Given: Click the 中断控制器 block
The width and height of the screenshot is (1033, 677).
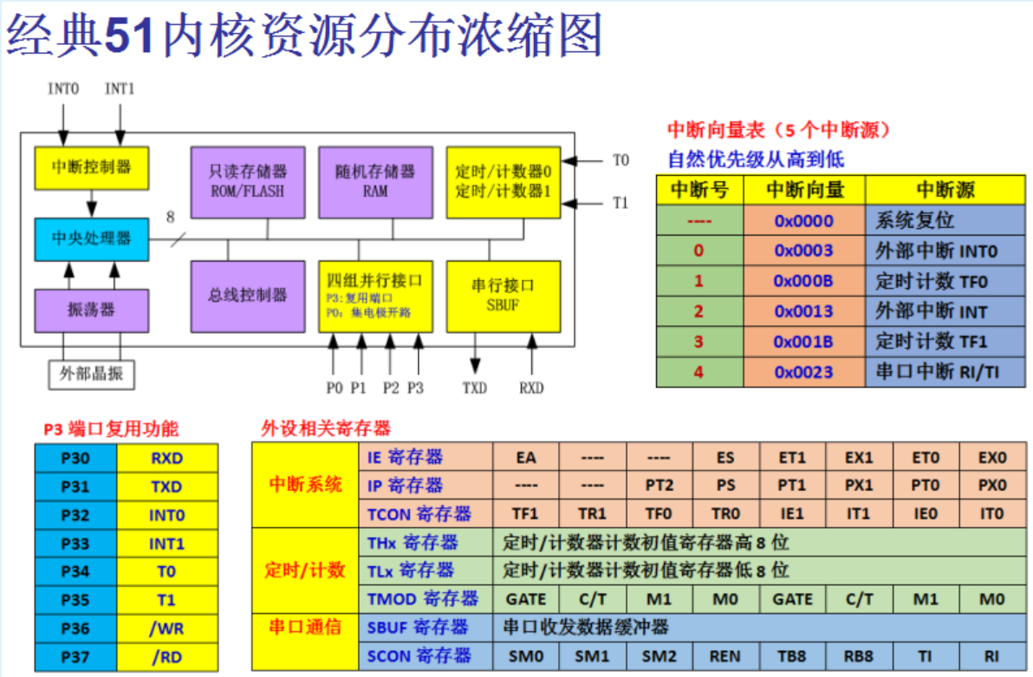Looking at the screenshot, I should pyautogui.click(x=91, y=168).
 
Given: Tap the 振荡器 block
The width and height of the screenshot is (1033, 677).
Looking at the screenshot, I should pyautogui.click(x=91, y=310).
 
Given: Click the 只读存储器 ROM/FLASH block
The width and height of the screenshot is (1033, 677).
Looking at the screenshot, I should pyautogui.click(x=248, y=182).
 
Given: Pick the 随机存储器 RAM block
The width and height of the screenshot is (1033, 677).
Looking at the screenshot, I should pyautogui.click(x=375, y=182).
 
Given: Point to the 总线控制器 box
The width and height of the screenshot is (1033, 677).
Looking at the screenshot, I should pyautogui.click(x=248, y=296).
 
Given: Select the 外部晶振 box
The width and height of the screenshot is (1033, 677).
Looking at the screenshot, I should pyautogui.click(x=91, y=374).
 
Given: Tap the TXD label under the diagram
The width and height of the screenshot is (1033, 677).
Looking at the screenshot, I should pyautogui.click(x=475, y=387).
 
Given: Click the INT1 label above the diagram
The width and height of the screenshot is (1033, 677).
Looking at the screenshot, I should pyautogui.click(x=120, y=88).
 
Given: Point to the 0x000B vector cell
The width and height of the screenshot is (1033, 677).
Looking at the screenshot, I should pyautogui.click(x=803, y=281).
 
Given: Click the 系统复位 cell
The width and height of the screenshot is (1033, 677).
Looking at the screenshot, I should pyautogui.click(x=945, y=220).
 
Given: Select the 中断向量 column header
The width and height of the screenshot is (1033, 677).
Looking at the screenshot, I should pyautogui.click(x=803, y=190).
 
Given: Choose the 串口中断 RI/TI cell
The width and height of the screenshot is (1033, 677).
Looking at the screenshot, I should pyautogui.click(x=945, y=372).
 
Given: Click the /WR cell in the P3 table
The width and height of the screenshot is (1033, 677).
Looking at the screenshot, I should pyautogui.click(x=167, y=628).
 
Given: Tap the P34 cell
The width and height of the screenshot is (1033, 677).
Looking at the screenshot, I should pyautogui.click(x=75, y=572).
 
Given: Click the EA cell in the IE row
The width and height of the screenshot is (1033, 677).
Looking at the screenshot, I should pyautogui.click(x=525, y=457).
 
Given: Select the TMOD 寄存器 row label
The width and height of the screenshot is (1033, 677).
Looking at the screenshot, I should pyautogui.click(x=423, y=598).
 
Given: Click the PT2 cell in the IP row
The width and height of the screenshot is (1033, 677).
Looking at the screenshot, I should pyautogui.click(x=659, y=485).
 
